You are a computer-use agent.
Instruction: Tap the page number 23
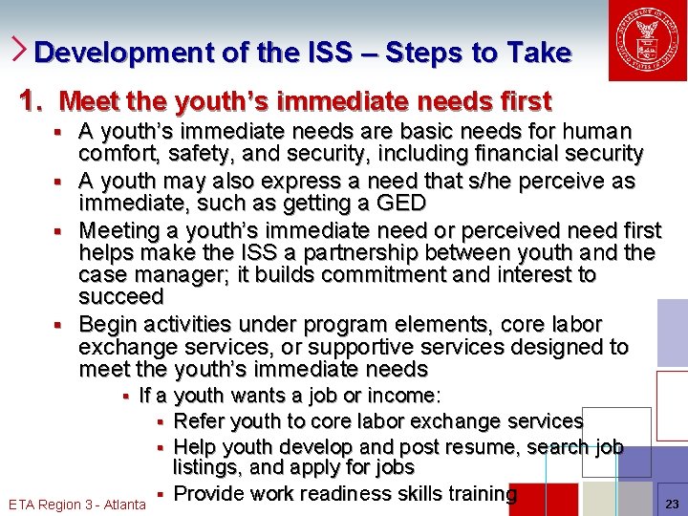click(672, 504)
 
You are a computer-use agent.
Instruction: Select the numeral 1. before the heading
click(33, 100)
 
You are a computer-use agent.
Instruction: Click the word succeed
click(121, 297)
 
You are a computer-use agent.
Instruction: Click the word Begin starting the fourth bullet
click(109, 324)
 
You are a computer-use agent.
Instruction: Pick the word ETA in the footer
click(23, 505)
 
